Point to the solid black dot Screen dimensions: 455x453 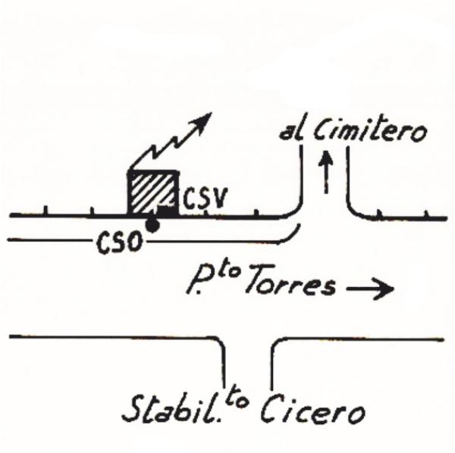point(153,225)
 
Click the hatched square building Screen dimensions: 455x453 point(150,193)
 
